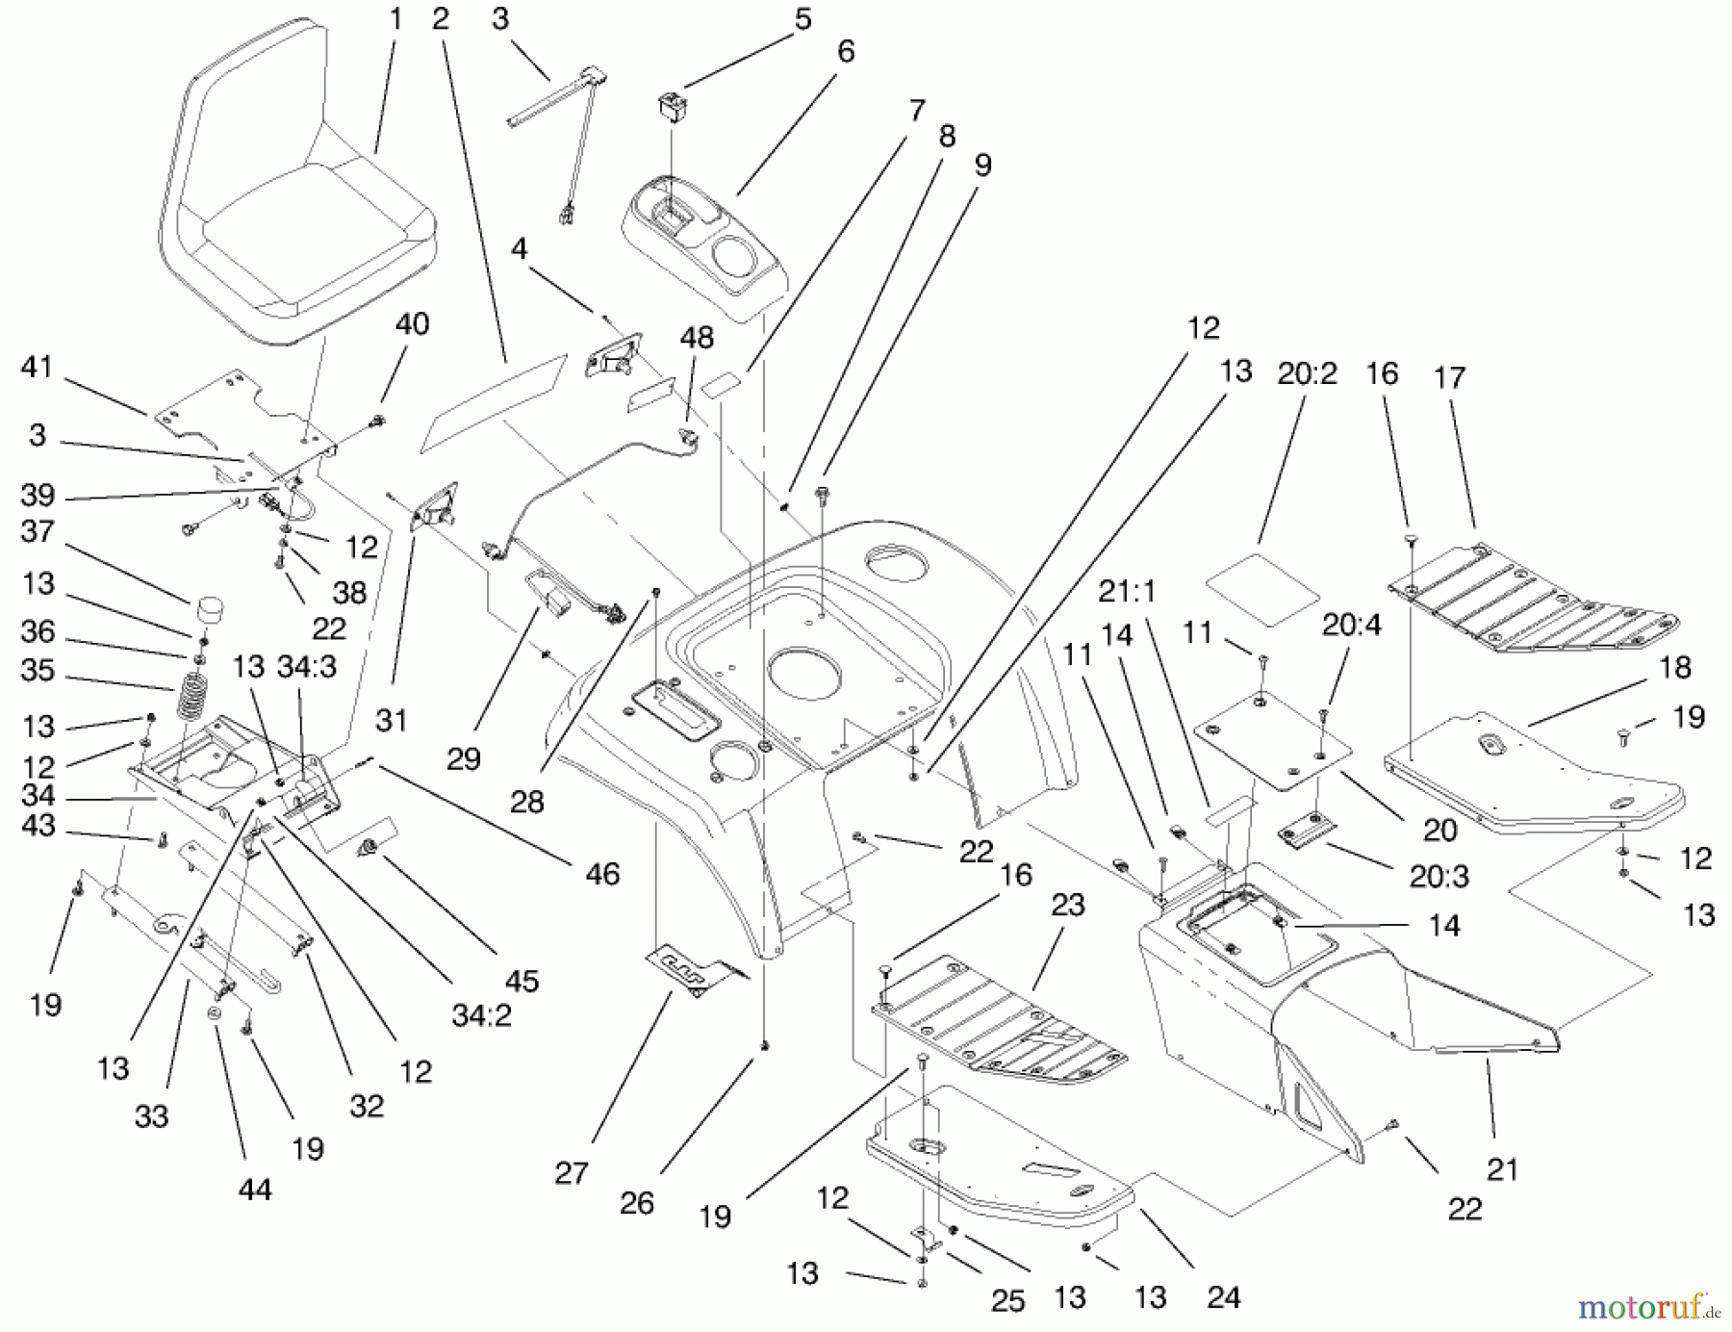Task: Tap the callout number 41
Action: pyautogui.click(x=37, y=368)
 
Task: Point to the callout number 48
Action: pyautogui.click(x=697, y=338)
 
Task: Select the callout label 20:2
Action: pyautogui.click(x=1307, y=374)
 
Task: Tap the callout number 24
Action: pyautogui.click(x=1223, y=1297)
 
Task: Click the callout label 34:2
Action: pyautogui.click(x=481, y=1015)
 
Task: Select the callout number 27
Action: pyautogui.click(x=572, y=1173)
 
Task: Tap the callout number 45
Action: pyautogui.click(x=522, y=981)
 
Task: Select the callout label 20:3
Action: pyautogui.click(x=1439, y=876)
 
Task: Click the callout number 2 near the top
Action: pyautogui.click(x=441, y=19)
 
